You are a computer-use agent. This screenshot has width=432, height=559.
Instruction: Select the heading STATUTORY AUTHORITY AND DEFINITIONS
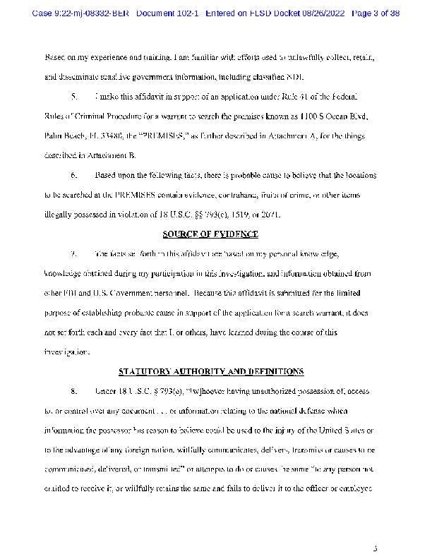tap(211, 371)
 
